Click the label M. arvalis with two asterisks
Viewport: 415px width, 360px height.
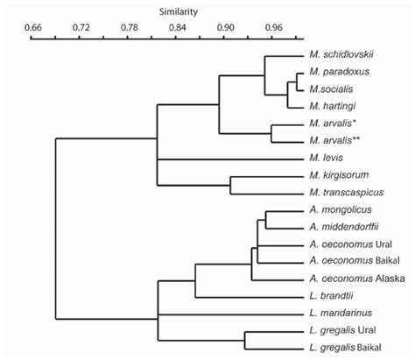coord(334,141)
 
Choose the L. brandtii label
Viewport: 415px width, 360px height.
coord(332,296)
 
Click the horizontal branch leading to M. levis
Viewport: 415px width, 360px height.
coord(228,159)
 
